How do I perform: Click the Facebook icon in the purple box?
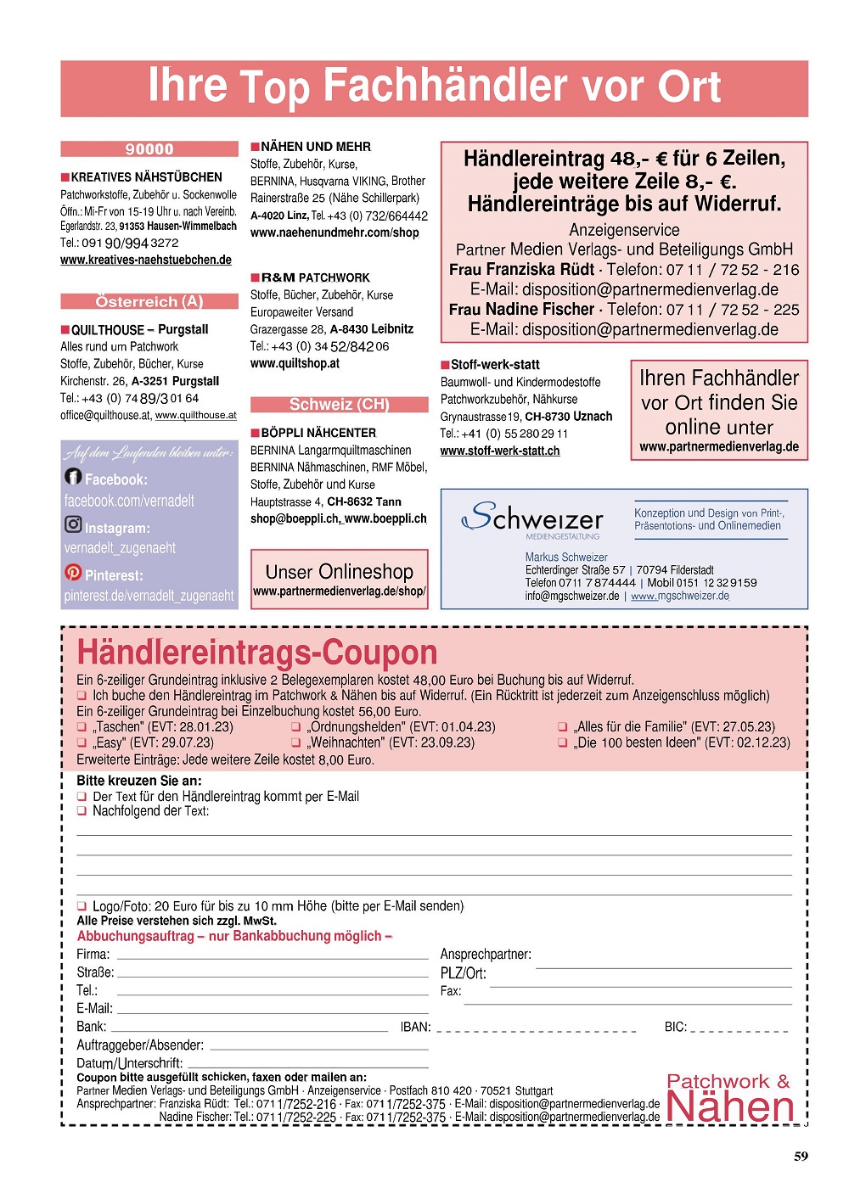click(x=73, y=477)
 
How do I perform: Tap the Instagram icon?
click(x=73, y=524)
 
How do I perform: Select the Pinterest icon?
click(x=73, y=572)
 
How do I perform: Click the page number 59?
click(x=801, y=1156)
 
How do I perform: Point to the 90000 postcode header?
click(x=149, y=149)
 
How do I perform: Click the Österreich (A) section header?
click(x=149, y=301)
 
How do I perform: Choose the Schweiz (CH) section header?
click(x=339, y=404)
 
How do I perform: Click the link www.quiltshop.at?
click(x=295, y=363)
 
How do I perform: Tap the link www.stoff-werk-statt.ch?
click(x=499, y=451)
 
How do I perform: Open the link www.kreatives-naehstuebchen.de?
click(x=145, y=260)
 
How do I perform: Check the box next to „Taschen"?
click(x=82, y=727)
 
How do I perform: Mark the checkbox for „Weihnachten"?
click(x=296, y=742)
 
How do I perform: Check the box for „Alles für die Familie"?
click(x=562, y=727)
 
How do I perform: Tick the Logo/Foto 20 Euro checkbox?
click(x=82, y=906)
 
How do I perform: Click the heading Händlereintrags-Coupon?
click(x=257, y=652)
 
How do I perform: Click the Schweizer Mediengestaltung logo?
click(x=533, y=518)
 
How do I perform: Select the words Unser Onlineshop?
click(x=339, y=572)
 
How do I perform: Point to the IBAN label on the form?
click(x=415, y=1027)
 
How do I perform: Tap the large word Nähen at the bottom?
click(x=730, y=1107)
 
